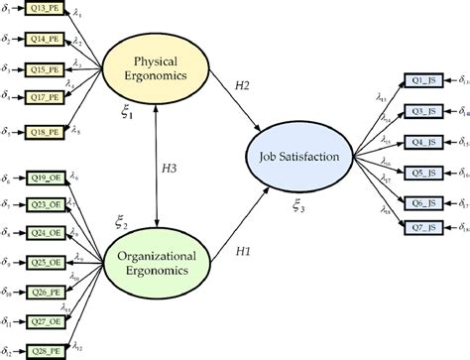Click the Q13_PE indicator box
[45, 13]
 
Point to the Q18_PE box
[45, 131]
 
